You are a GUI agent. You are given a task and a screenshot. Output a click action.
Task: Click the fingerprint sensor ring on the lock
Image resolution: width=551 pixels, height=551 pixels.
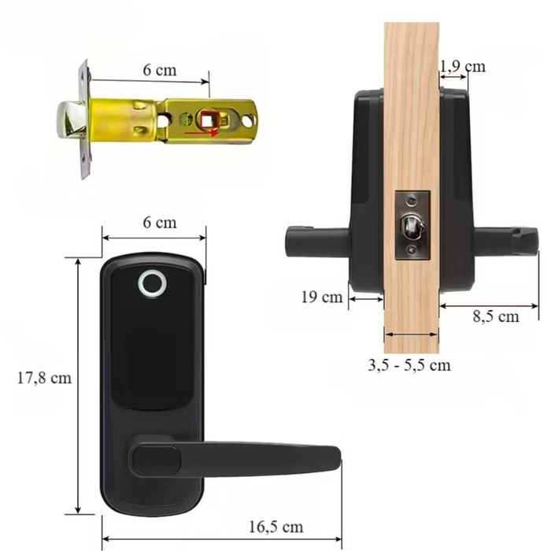pyautogui.click(x=148, y=285)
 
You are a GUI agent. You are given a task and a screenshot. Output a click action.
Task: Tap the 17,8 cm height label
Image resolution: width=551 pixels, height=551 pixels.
pyautogui.click(x=44, y=378)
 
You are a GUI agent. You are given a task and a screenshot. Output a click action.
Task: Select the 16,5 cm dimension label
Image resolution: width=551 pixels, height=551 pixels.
pyautogui.click(x=277, y=527)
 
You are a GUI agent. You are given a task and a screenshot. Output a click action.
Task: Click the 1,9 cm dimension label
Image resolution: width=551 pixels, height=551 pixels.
pyautogui.click(x=464, y=66)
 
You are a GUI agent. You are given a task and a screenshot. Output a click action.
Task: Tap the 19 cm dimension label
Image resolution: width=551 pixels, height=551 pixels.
pyautogui.click(x=321, y=297)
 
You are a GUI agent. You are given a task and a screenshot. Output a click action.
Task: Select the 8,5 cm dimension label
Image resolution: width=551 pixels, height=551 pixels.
pyautogui.click(x=496, y=316)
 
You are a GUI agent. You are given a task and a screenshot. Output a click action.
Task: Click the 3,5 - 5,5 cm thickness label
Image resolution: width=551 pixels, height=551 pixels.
pyautogui.click(x=409, y=364)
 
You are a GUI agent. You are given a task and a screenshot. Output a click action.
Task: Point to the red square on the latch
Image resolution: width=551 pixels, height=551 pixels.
pyautogui.click(x=209, y=120)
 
